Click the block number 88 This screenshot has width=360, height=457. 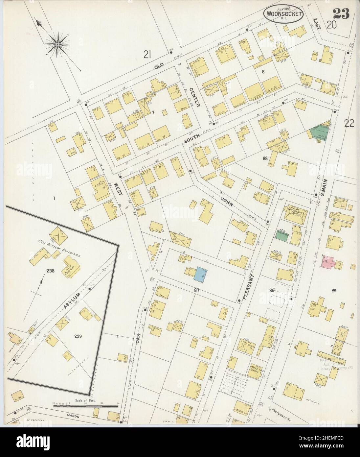[x=265, y=158]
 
